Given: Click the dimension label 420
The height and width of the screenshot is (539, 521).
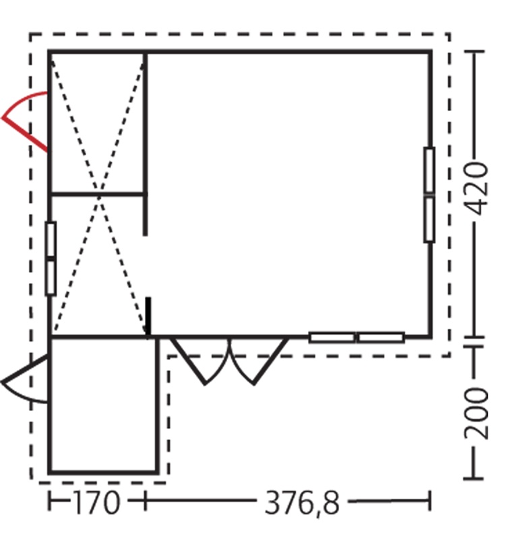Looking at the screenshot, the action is tap(476, 189).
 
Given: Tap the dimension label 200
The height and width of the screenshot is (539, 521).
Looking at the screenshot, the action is tap(477, 413).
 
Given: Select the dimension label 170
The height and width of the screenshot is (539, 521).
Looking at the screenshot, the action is tap(97, 502).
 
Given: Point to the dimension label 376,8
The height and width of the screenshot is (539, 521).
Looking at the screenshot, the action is tap(302, 503).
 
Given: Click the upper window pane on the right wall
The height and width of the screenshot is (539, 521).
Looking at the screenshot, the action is tap(429, 170).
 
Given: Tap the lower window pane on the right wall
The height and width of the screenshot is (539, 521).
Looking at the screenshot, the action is tap(429, 220).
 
